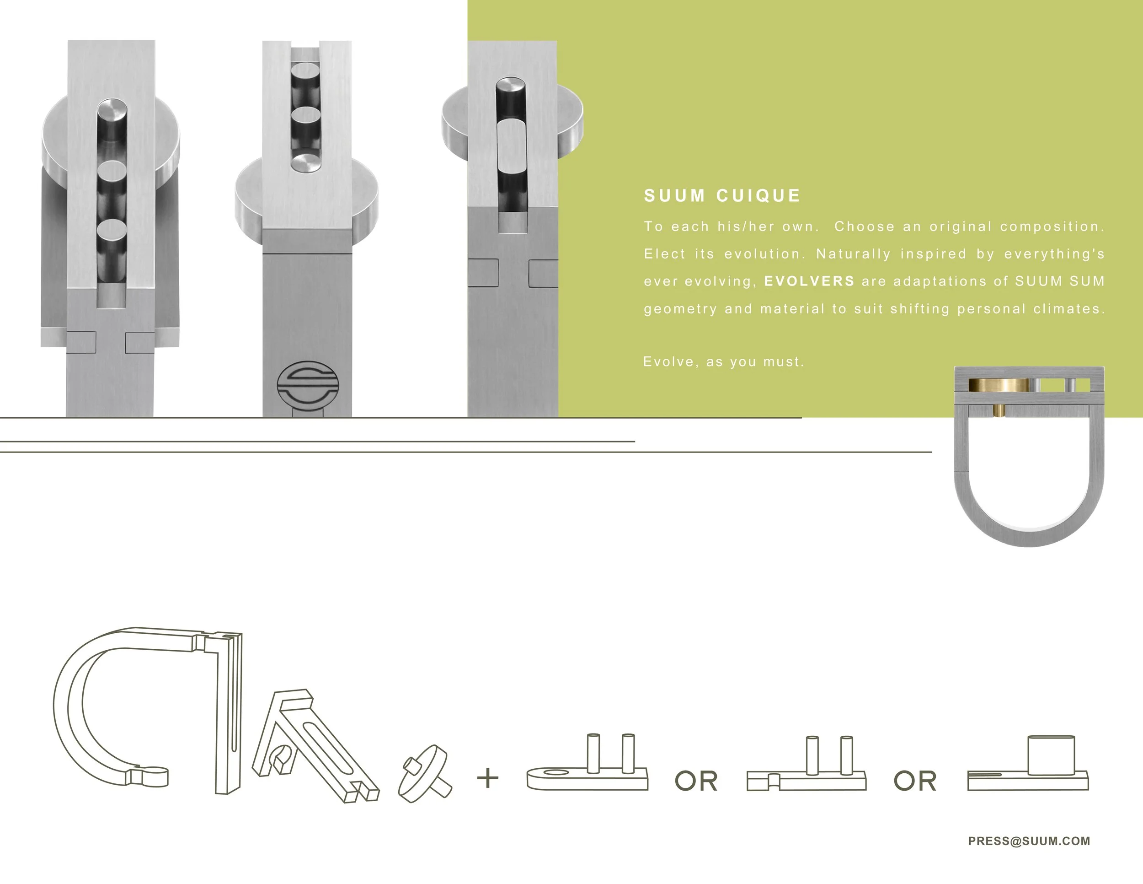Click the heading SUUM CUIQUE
[722, 196]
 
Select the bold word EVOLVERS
[809, 281]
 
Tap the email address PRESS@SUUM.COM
[1029, 841]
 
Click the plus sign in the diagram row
[488, 778]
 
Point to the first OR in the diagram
[696, 781]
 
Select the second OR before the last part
[915, 781]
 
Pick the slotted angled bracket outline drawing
[314, 746]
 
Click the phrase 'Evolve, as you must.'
[723, 362]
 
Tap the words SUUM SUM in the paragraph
[1060, 281]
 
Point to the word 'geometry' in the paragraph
[680, 309]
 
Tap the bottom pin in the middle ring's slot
[305, 163]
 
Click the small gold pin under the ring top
[999, 410]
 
